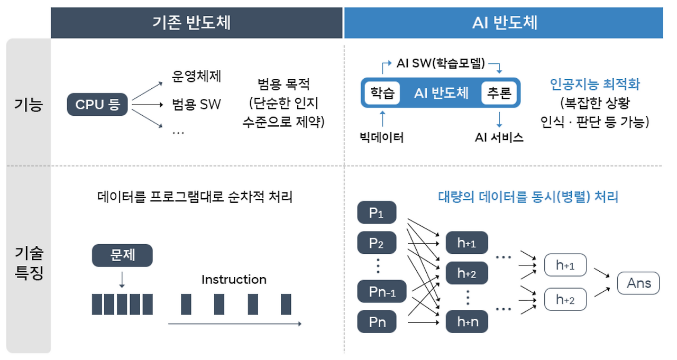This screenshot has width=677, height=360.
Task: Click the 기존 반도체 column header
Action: [x=196, y=23]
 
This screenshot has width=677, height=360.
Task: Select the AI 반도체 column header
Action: [x=504, y=23]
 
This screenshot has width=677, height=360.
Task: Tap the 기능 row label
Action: [x=29, y=104]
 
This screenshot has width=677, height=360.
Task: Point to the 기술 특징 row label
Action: [x=29, y=264]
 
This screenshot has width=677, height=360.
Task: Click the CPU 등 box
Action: [x=98, y=105]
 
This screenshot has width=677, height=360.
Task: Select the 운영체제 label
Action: [x=196, y=77]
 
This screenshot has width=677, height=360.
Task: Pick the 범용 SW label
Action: [x=196, y=105]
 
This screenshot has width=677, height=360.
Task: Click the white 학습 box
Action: [x=382, y=94]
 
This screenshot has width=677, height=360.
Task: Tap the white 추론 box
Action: [x=498, y=94]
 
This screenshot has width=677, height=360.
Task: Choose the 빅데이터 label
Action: [x=381, y=138]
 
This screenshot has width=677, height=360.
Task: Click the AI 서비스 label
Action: [x=499, y=138]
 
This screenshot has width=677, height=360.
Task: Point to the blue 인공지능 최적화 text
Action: [x=595, y=84]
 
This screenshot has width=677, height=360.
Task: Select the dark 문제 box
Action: [x=122, y=255]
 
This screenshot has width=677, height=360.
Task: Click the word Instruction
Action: [x=234, y=280]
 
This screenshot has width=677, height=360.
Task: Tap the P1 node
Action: [x=377, y=213]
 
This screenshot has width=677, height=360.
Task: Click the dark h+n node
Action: [x=467, y=321]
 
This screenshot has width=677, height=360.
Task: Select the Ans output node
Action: [x=638, y=283]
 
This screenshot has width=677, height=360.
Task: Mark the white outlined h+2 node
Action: [x=565, y=299]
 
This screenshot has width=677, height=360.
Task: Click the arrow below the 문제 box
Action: [x=122, y=279]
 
